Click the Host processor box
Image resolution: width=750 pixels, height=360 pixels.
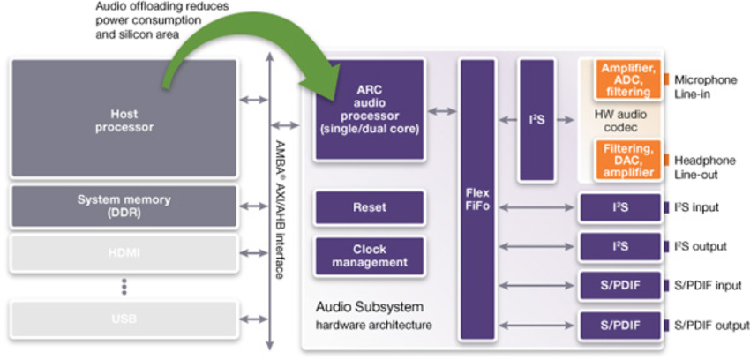[124, 119]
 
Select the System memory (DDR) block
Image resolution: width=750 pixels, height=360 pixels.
[124, 206]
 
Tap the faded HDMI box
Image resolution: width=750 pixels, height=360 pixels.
[124, 253]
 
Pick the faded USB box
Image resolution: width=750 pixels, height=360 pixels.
[124, 318]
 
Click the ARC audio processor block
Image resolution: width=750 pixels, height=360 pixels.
[369, 109]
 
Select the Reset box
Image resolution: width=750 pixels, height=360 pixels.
[369, 207]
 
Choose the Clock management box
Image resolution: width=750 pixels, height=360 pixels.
[369, 256]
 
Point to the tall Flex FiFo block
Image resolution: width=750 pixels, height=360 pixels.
[476, 199]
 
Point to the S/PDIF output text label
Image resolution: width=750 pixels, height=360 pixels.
[711, 326]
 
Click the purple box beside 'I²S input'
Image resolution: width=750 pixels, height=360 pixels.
[619, 207]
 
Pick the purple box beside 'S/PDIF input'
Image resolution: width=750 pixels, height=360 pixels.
[619, 285]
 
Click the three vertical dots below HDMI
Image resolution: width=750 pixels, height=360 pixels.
[124, 286]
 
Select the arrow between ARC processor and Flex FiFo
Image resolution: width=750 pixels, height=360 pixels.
[441, 111]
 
